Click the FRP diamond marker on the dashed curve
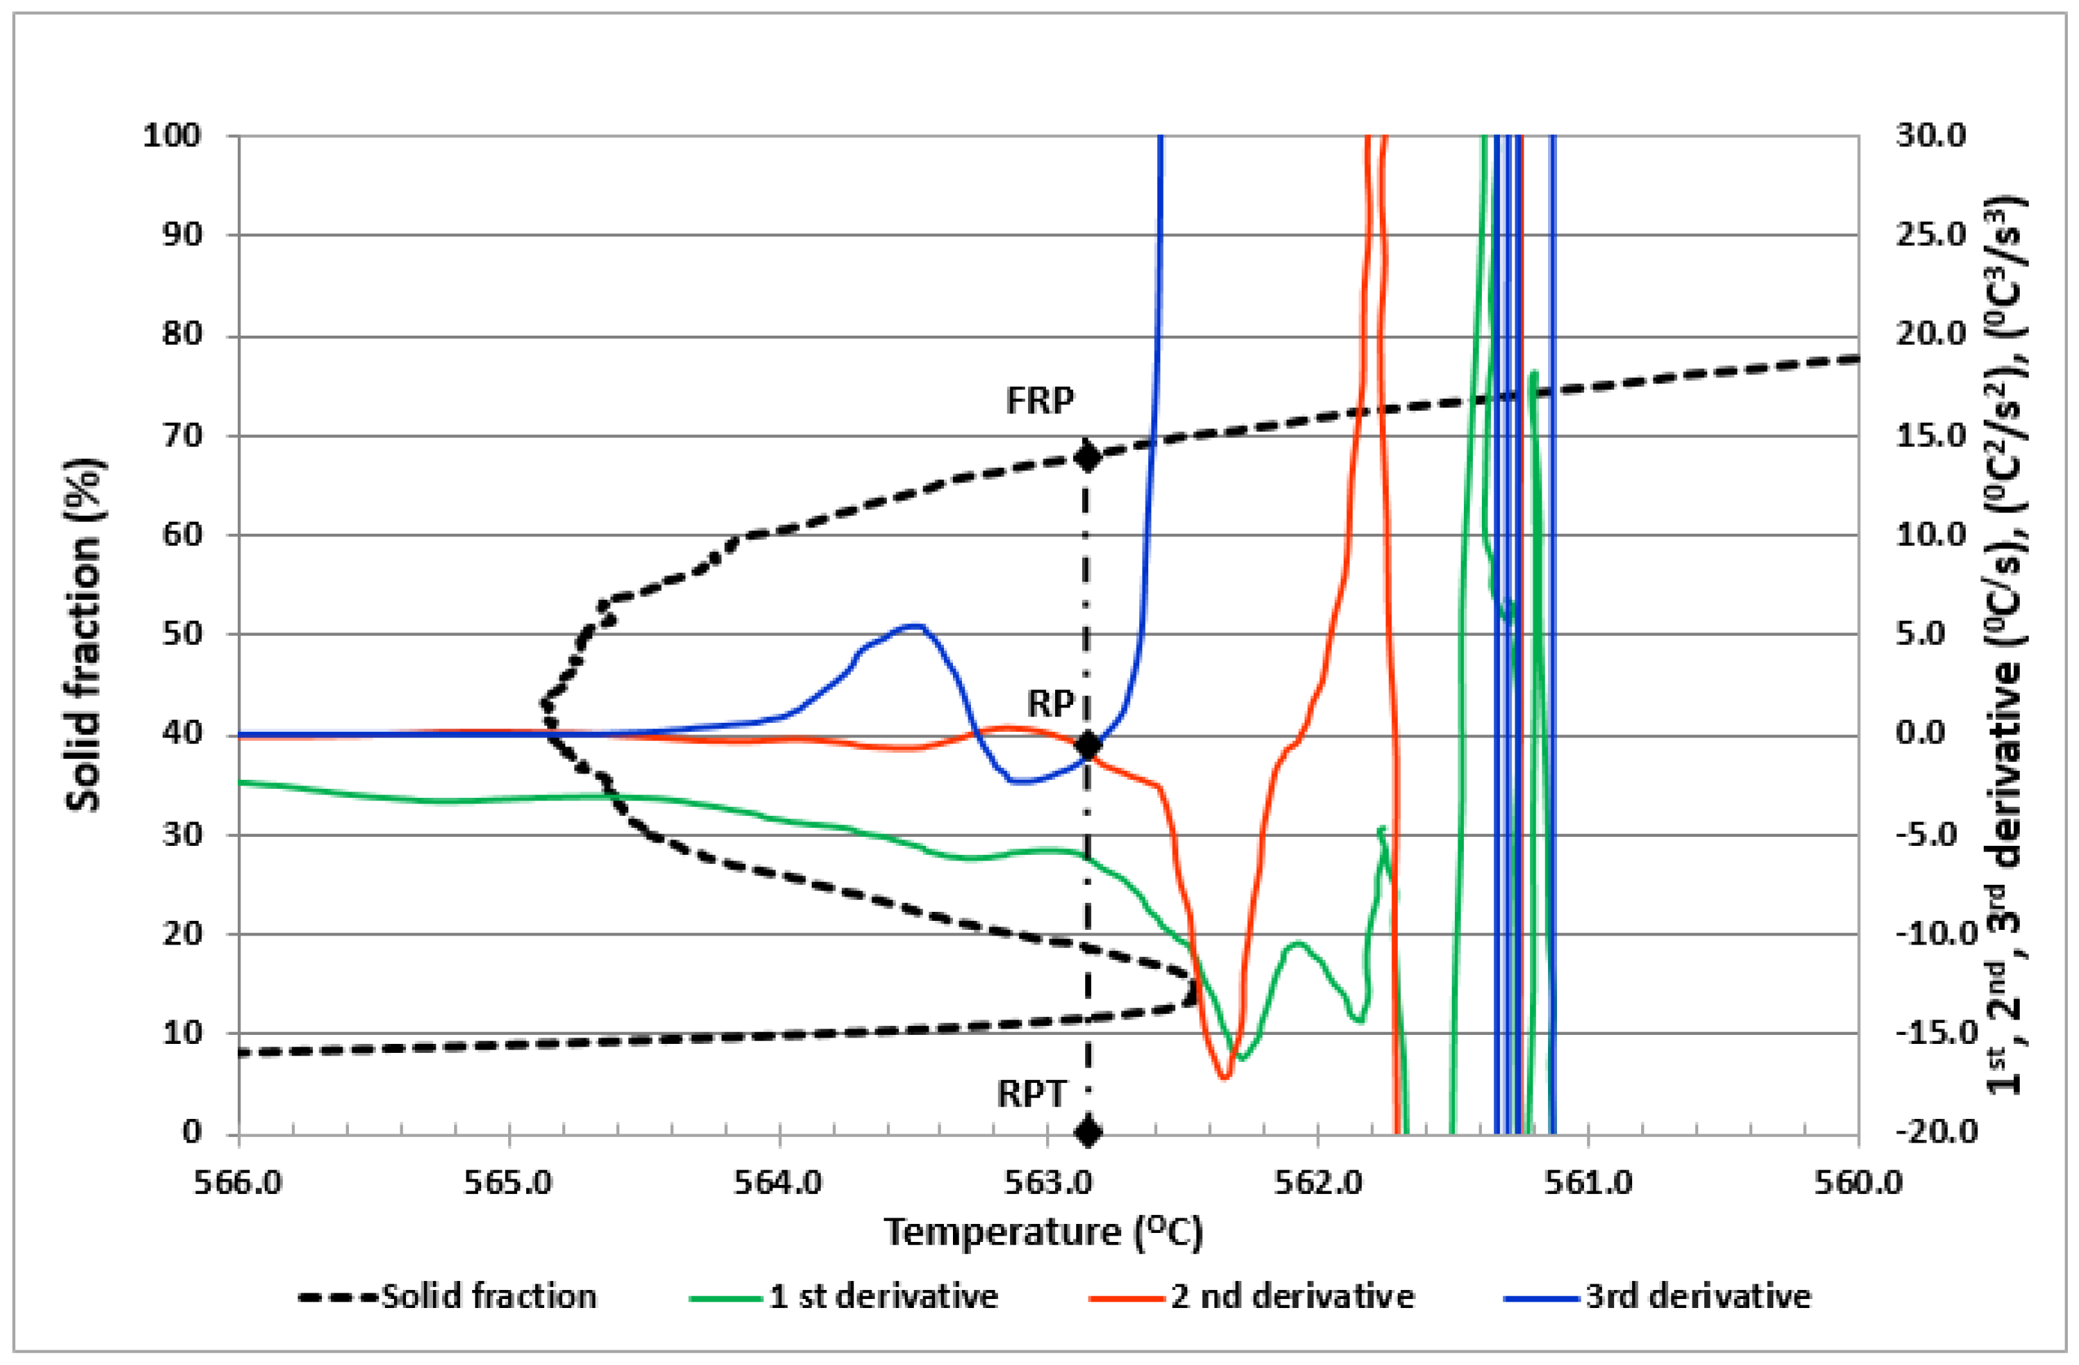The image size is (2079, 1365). (x=1088, y=457)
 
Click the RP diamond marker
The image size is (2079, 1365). (x=1088, y=745)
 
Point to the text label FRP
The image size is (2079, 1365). (x=1040, y=401)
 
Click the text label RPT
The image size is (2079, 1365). (x=1032, y=1093)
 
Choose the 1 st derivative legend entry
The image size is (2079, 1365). (x=882, y=1297)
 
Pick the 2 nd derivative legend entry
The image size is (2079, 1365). (x=1291, y=1297)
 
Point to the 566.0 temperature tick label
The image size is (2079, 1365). (x=238, y=1184)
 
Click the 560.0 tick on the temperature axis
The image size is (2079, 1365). (x=1858, y=1184)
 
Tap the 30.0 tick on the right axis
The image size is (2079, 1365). (x=1930, y=136)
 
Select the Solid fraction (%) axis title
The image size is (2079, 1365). (x=85, y=635)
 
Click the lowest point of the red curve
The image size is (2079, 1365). (x=1224, y=1078)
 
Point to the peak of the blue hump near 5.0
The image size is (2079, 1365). (x=915, y=626)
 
